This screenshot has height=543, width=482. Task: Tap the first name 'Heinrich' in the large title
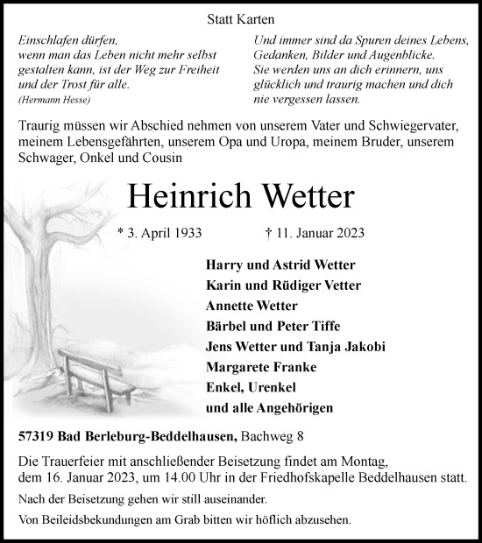click(x=183, y=196)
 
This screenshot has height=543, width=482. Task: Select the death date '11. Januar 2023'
click(x=318, y=234)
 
